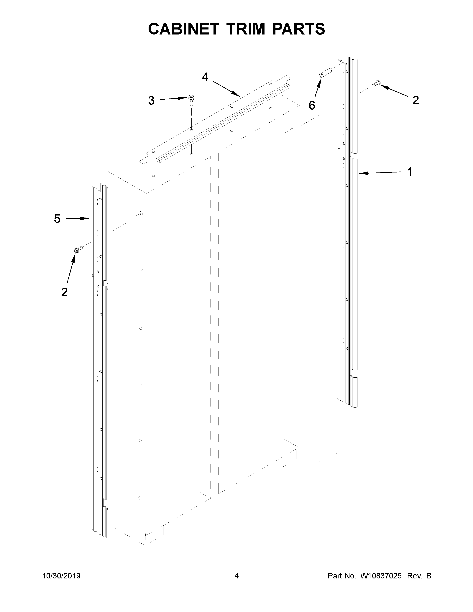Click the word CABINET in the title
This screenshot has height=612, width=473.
pos(183,29)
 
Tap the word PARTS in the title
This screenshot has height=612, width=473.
pos(298,29)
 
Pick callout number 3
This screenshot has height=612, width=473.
pos(151,101)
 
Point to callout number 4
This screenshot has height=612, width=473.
pos(205,77)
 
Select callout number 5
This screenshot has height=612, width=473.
pos(57,219)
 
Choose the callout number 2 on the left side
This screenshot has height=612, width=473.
pos(64,292)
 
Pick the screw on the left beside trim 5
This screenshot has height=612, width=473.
pos(78,249)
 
